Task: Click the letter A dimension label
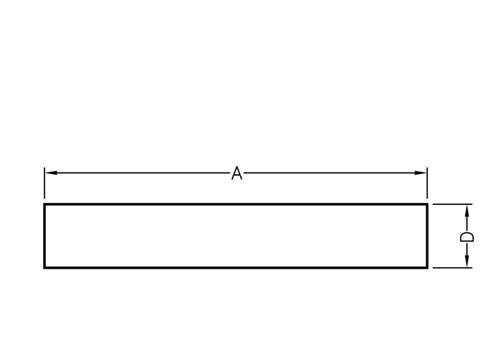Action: click(237, 173)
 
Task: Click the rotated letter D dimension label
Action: click(467, 236)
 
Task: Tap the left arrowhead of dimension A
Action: click(51, 172)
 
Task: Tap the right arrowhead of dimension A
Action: click(421, 172)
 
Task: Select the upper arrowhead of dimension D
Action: click(467, 210)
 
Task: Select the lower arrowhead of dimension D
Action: click(467, 262)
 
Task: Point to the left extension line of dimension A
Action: click(44, 182)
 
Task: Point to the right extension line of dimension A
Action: click(427, 182)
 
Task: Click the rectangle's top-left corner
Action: click(44, 204)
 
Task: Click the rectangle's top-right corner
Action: click(427, 204)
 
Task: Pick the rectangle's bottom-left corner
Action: click(44, 267)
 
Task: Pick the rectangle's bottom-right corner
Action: click(427, 267)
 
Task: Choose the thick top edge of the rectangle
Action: click(236, 204)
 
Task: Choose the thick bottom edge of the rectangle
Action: click(236, 267)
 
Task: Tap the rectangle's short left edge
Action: click(44, 236)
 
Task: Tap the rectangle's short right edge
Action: click(427, 236)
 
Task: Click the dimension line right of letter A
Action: click(331, 172)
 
